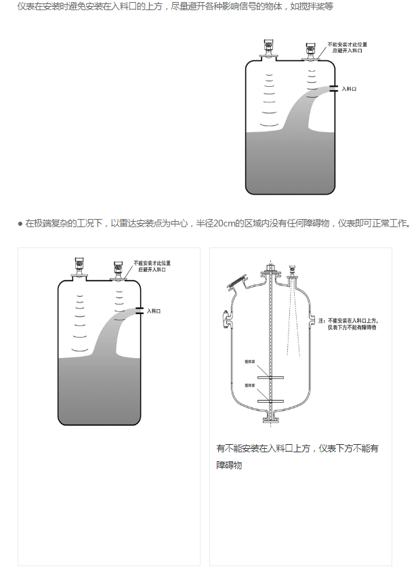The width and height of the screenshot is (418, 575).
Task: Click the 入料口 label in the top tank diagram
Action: (348, 88)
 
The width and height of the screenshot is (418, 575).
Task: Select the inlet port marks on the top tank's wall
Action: (335, 88)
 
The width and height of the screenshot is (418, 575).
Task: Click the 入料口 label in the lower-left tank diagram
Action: (154, 311)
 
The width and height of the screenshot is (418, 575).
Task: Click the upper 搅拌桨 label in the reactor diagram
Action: (249, 363)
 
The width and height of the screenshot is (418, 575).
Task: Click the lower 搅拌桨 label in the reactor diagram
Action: (249, 386)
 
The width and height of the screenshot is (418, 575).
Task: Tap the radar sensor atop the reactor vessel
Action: (295, 271)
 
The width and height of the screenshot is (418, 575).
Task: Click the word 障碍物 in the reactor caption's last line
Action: (229, 466)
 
